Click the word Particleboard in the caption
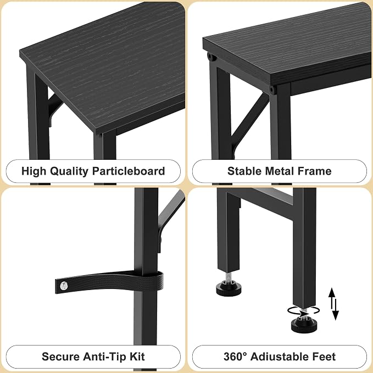(129, 171)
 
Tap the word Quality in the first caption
(69, 171)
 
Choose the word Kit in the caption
(137, 357)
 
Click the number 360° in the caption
(235, 357)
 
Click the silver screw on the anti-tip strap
(64, 286)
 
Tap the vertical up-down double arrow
(333, 304)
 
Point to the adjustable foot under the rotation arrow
(304, 324)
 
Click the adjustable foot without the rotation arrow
(229, 287)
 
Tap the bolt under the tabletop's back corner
(210, 57)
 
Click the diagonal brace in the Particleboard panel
(55, 107)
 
